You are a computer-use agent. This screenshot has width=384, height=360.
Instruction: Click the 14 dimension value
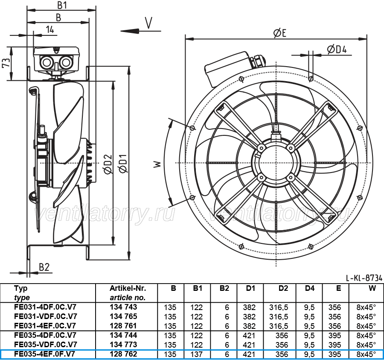pos(50,29)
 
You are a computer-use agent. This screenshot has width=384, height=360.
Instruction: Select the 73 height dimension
pos(6,62)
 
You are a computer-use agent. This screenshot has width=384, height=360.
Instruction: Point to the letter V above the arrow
pos(148,23)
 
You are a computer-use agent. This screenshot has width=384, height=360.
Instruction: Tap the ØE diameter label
pos(279,33)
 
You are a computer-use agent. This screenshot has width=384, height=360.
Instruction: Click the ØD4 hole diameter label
pos(337,50)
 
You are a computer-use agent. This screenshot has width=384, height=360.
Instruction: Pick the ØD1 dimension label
pos(122,163)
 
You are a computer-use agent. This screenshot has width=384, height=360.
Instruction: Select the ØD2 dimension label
pos(108,164)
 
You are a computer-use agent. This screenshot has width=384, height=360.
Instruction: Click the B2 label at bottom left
pos(44,267)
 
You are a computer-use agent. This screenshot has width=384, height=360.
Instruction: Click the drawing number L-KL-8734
pos(364,278)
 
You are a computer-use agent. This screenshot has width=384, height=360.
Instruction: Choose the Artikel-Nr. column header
pos(128,288)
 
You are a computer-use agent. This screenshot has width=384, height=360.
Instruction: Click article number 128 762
pos(123,354)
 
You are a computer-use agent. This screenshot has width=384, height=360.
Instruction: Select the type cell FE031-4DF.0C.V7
pos(45,307)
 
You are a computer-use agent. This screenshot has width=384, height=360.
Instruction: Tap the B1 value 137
pos(197,354)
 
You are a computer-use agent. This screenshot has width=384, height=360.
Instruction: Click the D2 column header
pos(283,288)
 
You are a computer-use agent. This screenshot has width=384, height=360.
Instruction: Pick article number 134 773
pos(123,344)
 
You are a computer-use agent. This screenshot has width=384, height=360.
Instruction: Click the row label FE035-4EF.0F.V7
pos(44,354)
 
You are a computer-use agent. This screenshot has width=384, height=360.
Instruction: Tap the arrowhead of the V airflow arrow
pos(130,31)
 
